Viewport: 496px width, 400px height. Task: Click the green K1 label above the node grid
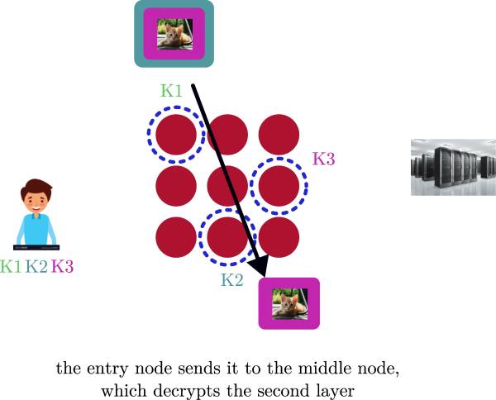(171, 92)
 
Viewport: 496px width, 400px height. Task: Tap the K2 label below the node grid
(232, 280)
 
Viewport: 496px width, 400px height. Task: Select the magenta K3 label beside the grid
(323, 159)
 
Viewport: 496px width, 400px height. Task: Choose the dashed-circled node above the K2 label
(227, 236)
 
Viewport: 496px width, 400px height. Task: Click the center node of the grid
(227, 185)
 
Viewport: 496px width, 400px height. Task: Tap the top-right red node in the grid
(279, 134)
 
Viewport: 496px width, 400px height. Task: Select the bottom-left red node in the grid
(176, 236)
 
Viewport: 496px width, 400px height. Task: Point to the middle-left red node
(176, 185)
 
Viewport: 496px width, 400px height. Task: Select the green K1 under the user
(12, 266)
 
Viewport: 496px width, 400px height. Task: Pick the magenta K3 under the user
(62, 266)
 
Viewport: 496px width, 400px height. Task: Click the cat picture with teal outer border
(174, 34)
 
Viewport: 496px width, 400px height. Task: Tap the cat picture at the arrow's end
(289, 304)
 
